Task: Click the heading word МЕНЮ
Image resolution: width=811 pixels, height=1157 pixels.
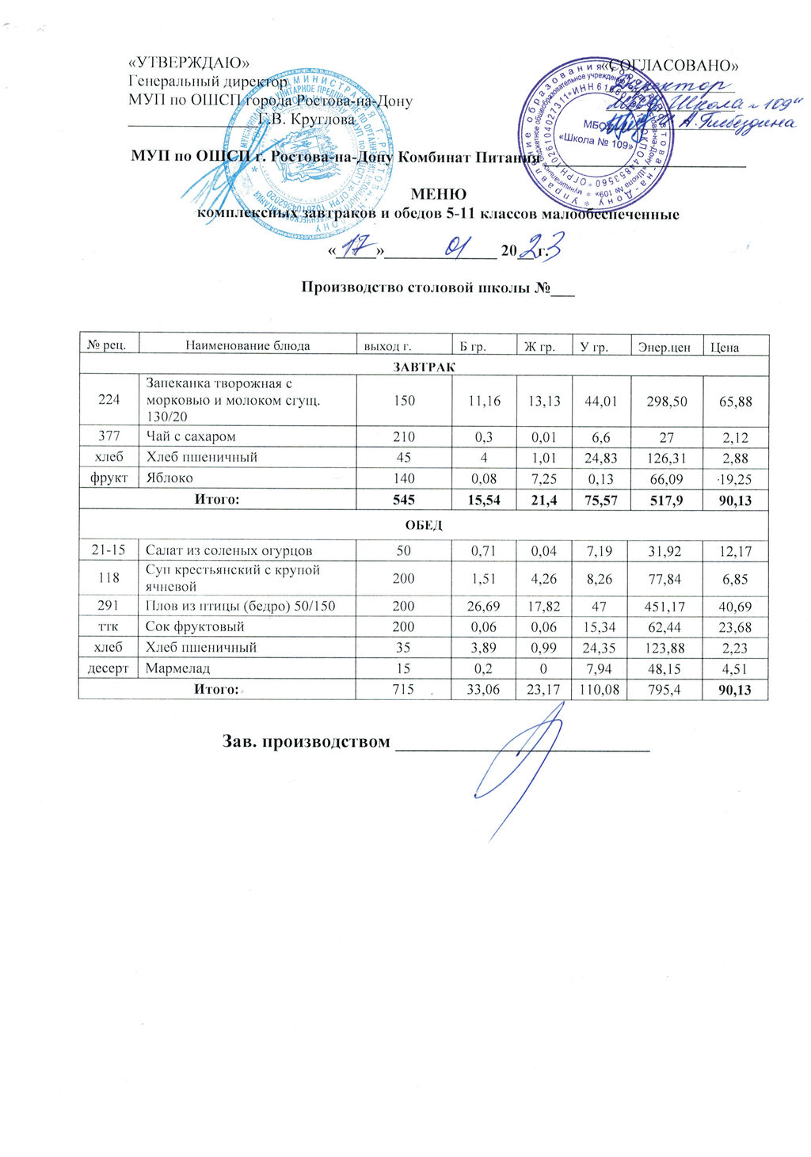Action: pos(438,195)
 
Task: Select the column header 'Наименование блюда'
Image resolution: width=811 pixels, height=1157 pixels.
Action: pos(247,345)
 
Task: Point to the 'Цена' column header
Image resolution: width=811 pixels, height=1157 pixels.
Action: pos(724,346)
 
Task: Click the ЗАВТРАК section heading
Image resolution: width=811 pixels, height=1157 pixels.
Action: pos(424,367)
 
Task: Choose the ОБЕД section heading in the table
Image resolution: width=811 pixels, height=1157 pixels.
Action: pos(424,525)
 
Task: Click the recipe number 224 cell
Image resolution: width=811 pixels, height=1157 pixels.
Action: pos(109,399)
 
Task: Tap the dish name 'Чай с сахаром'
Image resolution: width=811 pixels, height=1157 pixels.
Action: pos(191,436)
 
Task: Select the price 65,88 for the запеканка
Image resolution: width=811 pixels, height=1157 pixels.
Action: pos(735,402)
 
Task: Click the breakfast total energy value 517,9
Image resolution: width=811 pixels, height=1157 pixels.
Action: pos(664,500)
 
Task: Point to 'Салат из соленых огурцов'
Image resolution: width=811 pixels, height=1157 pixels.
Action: pos(229,550)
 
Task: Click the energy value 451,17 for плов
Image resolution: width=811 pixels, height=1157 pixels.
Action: pos(664,607)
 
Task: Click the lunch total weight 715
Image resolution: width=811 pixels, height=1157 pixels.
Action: pos(404,689)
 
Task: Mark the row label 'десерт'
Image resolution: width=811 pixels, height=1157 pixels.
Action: pos(109,668)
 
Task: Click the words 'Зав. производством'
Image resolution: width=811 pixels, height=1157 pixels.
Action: pos(306,742)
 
